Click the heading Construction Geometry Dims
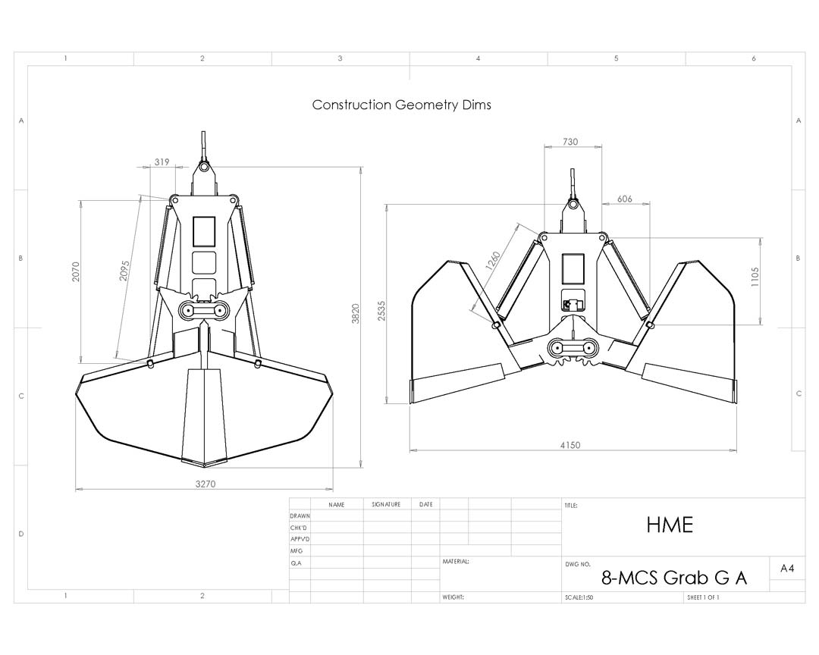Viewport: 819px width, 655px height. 401,105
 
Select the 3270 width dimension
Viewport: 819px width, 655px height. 206,484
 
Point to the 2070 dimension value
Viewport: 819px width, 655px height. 76,272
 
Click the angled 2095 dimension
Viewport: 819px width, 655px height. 125,271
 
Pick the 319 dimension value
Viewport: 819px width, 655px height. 162,161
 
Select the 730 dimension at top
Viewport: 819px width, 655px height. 570,142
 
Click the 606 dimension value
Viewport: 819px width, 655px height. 625,199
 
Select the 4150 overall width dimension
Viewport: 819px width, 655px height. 570,445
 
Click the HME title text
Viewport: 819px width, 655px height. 670,525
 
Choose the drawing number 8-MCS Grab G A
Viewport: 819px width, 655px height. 673,578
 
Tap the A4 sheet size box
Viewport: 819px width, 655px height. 786,568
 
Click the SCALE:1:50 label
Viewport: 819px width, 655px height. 579,597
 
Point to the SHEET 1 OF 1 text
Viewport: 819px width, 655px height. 703,597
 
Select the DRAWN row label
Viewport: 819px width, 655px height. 300,516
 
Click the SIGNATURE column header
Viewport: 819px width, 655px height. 386,504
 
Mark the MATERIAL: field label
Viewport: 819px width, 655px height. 456,562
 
